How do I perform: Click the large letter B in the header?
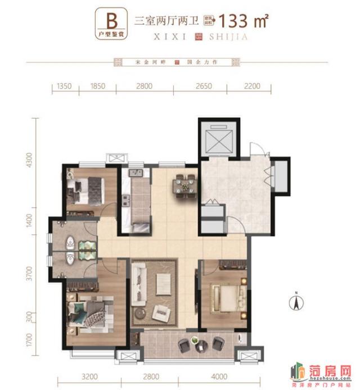coord(111,20)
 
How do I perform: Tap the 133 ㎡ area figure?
coord(243,21)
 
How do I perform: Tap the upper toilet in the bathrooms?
coord(70,242)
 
